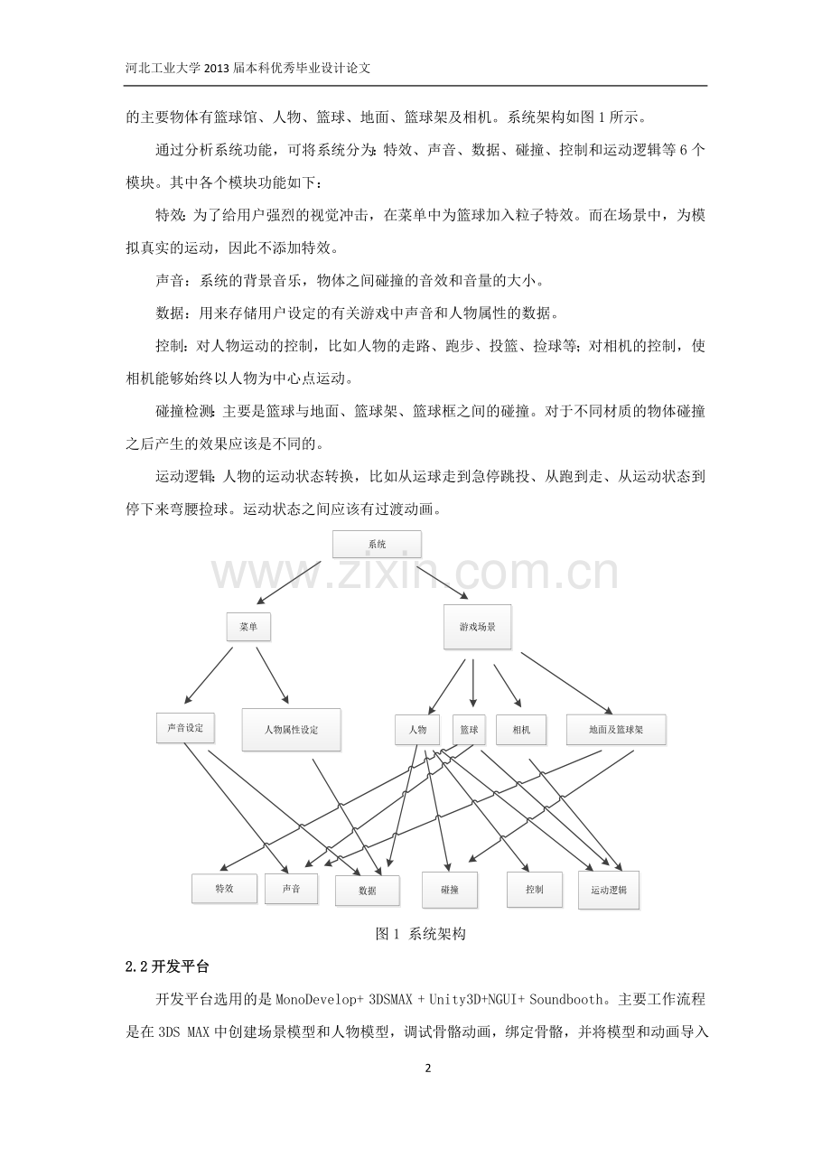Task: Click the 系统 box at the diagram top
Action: tap(377, 544)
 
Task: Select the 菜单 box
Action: tap(248, 627)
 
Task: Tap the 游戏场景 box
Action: tap(477, 627)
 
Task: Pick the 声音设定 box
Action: tap(185, 728)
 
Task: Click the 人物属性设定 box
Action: tap(292, 730)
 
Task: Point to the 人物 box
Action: tap(417, 730)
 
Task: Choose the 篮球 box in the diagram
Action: tap(469, 730)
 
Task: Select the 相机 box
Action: tap(521, 730)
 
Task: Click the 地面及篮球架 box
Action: tap(616, 730)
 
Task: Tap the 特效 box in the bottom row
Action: tap(224, 888)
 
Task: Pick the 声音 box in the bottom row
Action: tap(292, 888)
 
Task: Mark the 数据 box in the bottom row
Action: tap(368, 891)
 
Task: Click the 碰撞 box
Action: tap(450, 890)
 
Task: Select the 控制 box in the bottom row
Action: tap(535, 890)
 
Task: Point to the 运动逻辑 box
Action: tap(609, 890)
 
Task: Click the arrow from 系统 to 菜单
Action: tap(288, 583)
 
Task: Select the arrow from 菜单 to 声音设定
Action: tap(209, 675)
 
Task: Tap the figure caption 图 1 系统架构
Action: tap(421, 934)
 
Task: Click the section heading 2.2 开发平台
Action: tap(167, 967)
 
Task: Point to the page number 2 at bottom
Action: tap(428, 1068)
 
